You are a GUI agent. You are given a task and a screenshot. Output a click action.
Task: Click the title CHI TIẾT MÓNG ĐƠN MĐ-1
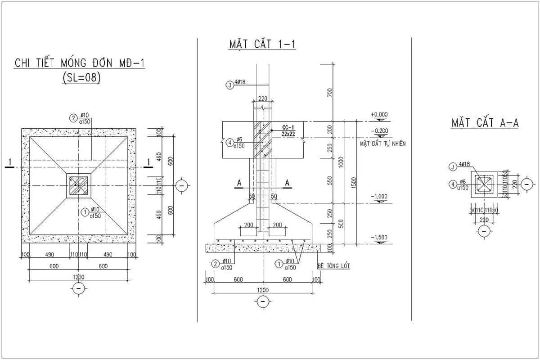pyautogui.click(x=80, y=63)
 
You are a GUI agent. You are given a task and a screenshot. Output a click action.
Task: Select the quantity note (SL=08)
pyautogui.click(x=81, y=78)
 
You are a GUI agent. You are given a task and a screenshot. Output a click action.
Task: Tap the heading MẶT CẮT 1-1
pyautogui.click(x=262, y=44)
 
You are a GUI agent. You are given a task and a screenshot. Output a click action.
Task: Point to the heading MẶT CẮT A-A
pyautogui.click(x=485, y=123)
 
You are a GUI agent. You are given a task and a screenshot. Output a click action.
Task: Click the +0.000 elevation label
pyautogui.click(x=378, y=115)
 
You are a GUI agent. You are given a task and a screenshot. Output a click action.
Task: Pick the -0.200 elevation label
pyautogui.click(x=378, y=131)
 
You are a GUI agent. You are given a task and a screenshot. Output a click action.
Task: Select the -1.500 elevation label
pyautogui.click(x=378, y=237)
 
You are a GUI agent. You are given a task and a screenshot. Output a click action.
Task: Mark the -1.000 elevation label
pyautogui.click(x=378, y=197)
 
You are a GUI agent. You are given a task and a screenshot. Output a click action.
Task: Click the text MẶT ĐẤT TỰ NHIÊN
pyautogui.click(x=383, y=144)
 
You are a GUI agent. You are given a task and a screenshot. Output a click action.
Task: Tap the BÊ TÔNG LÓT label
pyautogui.click(x=333, y=266)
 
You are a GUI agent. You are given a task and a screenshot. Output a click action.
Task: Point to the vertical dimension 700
pyautogui.click(x=330, y=93)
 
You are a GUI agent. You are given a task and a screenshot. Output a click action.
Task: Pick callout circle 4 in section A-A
pyautogui.click(x=452, y=184)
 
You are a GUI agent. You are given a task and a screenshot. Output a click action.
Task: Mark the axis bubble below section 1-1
pyautogui.click(x=263, y=301)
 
